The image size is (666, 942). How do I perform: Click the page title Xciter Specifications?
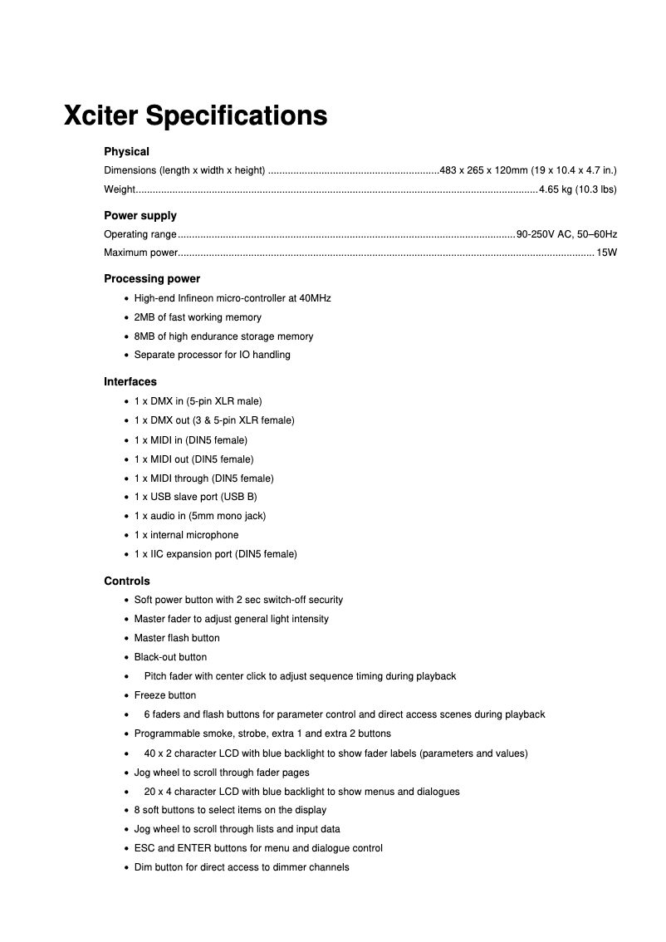195,115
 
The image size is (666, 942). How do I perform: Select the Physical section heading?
126,151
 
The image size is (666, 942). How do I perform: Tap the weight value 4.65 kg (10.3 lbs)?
577,189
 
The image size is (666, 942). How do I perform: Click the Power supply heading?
140,215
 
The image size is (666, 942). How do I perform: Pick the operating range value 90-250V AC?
544,234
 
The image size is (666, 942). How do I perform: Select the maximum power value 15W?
607,253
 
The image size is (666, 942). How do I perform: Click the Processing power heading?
152,278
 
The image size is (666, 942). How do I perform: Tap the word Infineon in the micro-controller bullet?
198,298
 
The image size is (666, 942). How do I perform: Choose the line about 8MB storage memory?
223,336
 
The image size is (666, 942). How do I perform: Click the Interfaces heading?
130,381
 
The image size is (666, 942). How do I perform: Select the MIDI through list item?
203,478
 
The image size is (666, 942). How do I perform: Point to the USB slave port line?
195,497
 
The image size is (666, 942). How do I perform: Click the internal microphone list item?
186,535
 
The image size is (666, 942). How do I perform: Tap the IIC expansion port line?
215,554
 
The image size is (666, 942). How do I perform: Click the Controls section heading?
127,581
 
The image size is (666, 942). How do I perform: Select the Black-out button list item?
170,657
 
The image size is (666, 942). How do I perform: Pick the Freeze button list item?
165,695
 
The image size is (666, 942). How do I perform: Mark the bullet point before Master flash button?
125,639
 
